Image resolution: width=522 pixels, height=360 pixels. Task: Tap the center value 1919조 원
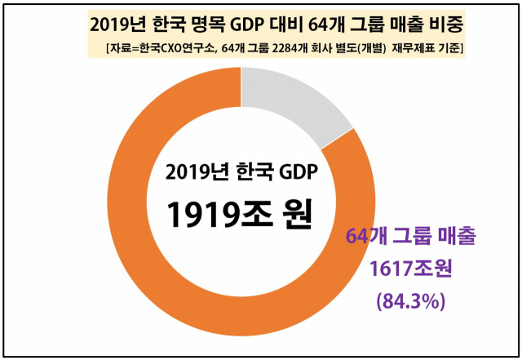point(240,214)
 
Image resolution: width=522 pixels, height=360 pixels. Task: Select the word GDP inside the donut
point(296,172)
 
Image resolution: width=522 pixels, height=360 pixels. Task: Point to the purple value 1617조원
point(410,269)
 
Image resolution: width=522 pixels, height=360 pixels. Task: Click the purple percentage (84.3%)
point(410,300)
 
